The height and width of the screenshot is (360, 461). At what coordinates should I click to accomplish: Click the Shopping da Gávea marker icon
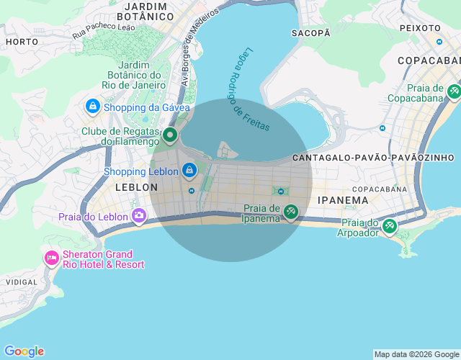click(92, 107)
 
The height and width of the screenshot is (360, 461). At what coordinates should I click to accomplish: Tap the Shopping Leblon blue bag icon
click(189, 171)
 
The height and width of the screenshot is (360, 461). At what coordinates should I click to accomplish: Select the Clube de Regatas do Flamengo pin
click(170, 135)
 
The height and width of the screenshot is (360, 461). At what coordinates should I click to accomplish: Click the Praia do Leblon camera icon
click(139, 215)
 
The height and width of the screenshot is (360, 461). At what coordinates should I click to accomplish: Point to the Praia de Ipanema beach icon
click(290, 211)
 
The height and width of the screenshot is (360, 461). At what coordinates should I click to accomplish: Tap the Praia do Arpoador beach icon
click(389, 226)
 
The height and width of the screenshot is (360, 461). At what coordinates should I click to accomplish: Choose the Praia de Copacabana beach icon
click(454, 91)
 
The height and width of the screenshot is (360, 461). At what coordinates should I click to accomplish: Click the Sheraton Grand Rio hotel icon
click(51, 258)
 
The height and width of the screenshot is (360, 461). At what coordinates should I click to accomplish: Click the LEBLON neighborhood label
click(136, 187)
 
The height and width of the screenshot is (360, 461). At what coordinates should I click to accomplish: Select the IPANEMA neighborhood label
click(343, 201)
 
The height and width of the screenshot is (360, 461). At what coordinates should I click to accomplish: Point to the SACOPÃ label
click(310, 33)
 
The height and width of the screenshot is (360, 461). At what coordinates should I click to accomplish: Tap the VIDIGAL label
click(22, 283)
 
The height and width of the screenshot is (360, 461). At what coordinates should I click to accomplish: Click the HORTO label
click(22, 42)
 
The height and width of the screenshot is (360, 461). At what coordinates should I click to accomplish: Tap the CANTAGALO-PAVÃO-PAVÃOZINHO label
click(373, 157)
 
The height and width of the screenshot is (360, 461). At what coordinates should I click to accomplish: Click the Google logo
click(24, 351)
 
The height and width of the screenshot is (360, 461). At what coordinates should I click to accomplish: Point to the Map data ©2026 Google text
click(416, 354)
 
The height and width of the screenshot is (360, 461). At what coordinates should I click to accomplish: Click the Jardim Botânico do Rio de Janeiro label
click(135, 74)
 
